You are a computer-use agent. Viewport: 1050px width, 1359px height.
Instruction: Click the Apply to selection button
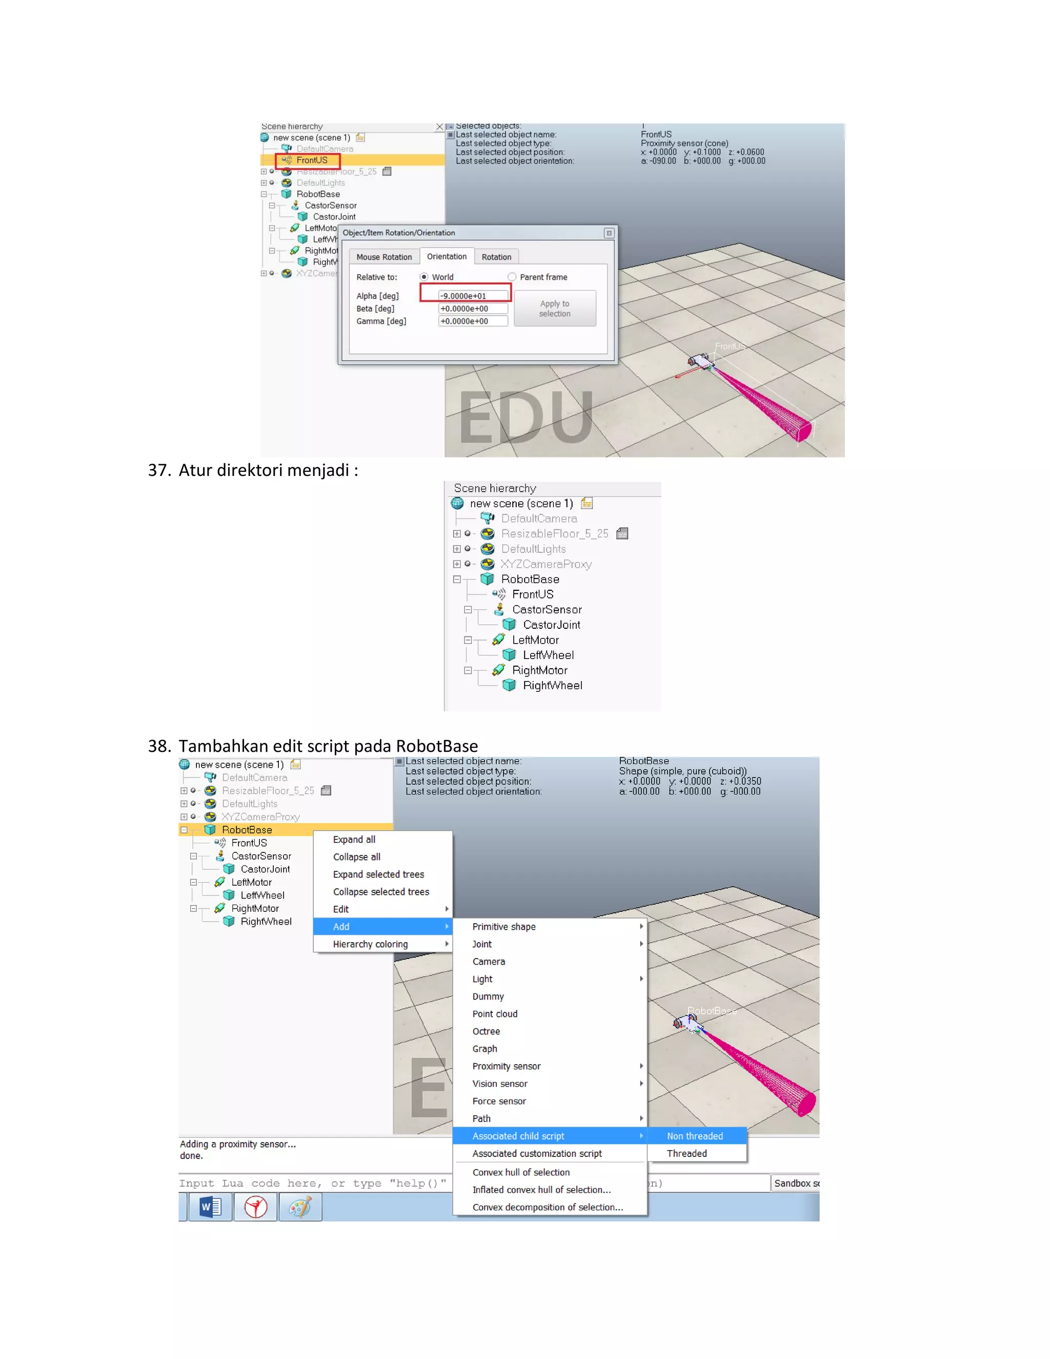pyautogui.click(x=554, y=308)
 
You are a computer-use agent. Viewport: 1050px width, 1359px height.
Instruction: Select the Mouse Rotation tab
pyautogui.click(x=384, y=257)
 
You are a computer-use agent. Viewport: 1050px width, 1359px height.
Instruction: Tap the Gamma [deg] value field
pyautogui.click(x=472, y=321)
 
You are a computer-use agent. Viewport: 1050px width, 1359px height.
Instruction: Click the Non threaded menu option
pyautogui.click(x=694, y=1135)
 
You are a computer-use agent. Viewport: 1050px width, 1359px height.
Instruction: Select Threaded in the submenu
pyautogui.click(x=686, y=1153)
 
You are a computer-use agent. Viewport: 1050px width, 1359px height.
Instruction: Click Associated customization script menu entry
pyautogui.click(x=536, y=1153)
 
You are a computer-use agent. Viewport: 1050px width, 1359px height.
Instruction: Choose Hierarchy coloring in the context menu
pyautogui.click(x=370, y=944)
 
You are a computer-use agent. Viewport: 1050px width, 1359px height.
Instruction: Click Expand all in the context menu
pyautogui.click(x=353, y=840)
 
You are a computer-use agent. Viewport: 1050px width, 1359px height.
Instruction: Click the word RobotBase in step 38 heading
pyautogui.click(x=436, y=746)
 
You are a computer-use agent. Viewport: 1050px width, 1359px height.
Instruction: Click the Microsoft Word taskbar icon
pyautogui.click(x=210, y=1207)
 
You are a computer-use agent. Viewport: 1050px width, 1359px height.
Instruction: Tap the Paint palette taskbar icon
pyautogui.click(x=300, y=1207)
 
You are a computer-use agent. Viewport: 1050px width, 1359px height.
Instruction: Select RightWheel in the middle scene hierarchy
pyautogui.click(x=552, y=685)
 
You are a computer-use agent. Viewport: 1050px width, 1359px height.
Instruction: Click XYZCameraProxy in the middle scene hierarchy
pyautogui.click(x=546, y=564)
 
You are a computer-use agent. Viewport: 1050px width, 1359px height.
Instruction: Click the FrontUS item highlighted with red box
pyautogui.click(x=311, y=161)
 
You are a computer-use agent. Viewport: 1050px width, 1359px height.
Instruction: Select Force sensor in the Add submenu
pyautogui.click(x=499, y=1101)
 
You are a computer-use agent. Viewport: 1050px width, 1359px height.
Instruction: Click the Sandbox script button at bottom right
pyautogui.click(x=796, y=1183)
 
